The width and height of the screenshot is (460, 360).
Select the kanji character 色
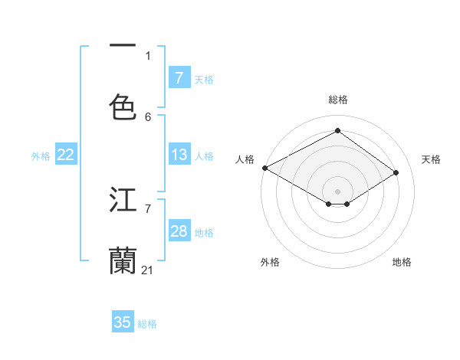pos(123,106)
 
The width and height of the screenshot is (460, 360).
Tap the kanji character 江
pos(123,199)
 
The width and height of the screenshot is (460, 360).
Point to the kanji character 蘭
pos(123,260)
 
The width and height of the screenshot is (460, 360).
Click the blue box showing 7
pos(179,77)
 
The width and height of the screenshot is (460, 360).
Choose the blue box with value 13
pos(179,155)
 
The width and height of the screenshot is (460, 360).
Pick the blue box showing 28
pos(179,231)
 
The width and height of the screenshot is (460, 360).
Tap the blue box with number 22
pos(65,155)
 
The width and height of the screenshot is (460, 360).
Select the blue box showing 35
pos(123,322)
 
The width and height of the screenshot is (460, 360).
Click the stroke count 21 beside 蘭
pos(148,270)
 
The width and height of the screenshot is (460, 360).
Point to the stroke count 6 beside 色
pos(148,116)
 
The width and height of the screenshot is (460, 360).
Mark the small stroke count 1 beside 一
pos(148,55)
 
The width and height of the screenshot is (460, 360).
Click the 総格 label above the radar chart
pos(337,100)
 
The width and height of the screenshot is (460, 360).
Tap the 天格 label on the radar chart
pos(431,159)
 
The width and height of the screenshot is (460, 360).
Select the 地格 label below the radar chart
pos(402,262)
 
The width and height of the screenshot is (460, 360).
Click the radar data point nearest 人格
pos(264,167)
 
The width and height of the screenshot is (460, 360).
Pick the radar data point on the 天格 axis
pos(396,173)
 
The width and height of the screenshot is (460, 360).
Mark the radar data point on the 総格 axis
pos(337,131)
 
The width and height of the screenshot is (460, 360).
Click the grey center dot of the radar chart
pos(337,191)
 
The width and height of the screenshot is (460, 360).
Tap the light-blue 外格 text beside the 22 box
pos(41,155)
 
